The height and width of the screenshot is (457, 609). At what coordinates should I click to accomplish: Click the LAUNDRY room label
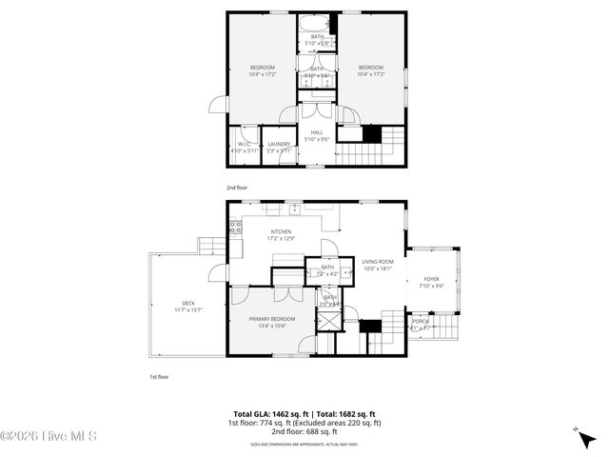pos(279,144)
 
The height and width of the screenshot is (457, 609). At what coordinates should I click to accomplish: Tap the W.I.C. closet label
pos(245,144)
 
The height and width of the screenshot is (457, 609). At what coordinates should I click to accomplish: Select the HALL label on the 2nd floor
pos(316,133)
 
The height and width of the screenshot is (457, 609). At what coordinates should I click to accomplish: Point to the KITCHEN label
pos(281,231)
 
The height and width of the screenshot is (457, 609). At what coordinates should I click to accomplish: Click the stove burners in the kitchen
pos(235,228)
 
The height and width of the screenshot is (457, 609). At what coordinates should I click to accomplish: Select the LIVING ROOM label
pos(378,262)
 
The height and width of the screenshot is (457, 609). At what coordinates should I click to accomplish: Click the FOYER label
pos(432,280)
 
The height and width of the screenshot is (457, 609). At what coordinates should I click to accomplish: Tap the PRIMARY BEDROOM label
pos(272,319)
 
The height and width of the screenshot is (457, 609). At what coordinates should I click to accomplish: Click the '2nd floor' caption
pos(236,188)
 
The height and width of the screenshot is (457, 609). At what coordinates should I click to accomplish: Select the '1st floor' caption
pos(159,377)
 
